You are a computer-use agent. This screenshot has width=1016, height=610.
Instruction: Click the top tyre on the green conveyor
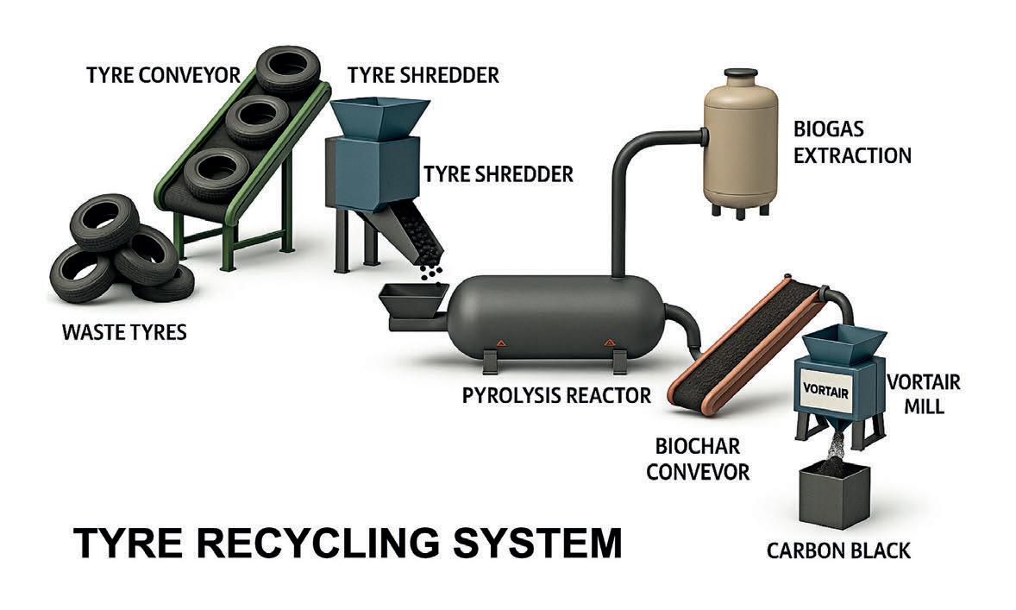pyautogui.click(x=288, y=68)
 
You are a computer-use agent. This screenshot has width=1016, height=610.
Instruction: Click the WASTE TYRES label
pyautogui.click(x=124, y=332)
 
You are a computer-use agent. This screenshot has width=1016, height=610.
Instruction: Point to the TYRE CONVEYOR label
pyautogui.click(x=163, y=75)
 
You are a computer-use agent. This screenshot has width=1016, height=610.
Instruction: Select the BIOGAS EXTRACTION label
pyautogui.click(x=851, y=143)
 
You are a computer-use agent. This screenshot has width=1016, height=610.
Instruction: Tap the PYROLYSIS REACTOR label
pyautogui.click(x=556, y=396)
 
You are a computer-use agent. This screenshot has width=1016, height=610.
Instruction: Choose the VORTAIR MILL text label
pyautogui.click(x=922, y=393)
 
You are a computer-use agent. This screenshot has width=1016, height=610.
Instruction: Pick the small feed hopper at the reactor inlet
pyautogui.click(x=411, y=303)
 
